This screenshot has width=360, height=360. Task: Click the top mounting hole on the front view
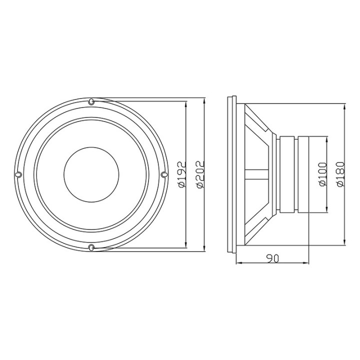pos(91,102)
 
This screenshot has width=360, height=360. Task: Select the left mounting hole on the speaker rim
pos(18,174)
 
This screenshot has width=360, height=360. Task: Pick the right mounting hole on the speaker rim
pos(163,174)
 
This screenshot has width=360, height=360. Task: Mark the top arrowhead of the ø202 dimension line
pos(204,100)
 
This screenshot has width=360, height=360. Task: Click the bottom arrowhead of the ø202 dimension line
pos(204,249)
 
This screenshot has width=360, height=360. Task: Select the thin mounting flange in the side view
pos(231,174)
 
